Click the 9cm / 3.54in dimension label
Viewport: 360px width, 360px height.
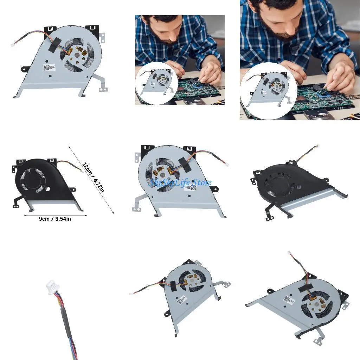tap(55, 219)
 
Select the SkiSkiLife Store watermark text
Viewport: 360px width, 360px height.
tap(180, 182)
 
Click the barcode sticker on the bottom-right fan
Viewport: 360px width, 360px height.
tap(288, 300)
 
